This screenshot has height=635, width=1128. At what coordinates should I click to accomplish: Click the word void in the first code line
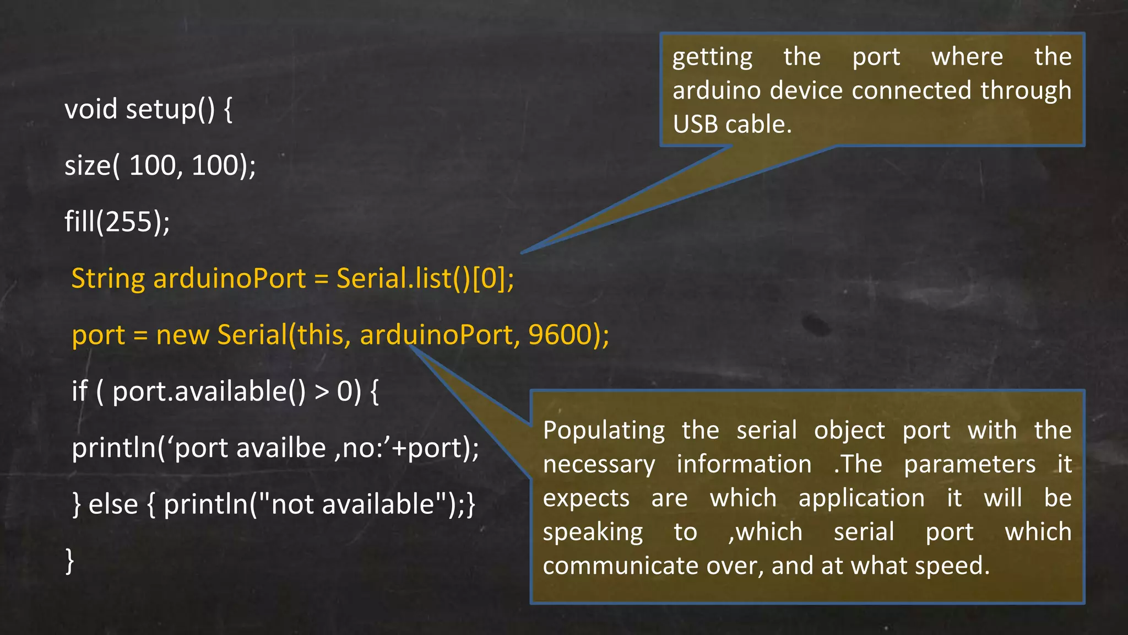(91, 109)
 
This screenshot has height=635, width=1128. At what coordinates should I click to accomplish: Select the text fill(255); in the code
(117, 222)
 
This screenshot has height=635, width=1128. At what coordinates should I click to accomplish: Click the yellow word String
(107, 278)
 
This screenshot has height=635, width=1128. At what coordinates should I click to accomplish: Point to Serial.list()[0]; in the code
(425, 278)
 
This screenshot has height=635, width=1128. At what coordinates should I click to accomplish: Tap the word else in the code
(113, 504)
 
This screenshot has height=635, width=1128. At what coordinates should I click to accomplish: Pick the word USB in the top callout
(696, 124)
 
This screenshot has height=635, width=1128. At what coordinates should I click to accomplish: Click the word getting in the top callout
(712, 57)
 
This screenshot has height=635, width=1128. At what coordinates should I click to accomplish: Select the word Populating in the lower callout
(604, 430)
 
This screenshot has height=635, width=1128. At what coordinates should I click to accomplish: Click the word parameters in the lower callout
(969, 465)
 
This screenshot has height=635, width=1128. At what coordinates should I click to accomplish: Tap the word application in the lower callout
(861, 498)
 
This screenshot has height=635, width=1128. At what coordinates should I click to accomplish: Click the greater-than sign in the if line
(321, 391)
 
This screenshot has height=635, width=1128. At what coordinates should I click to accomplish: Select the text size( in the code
(92, 165)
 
